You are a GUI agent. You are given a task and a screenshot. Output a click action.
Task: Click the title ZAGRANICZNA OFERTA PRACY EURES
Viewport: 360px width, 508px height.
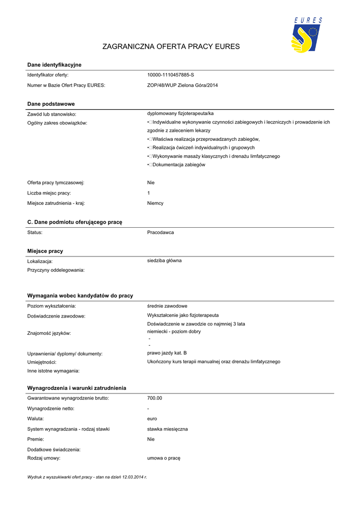click(171, 47)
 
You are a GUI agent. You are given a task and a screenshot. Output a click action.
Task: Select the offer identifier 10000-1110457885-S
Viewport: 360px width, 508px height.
click(170, 75)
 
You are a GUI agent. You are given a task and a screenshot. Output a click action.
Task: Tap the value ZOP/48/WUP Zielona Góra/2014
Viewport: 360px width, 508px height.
click(182, 85)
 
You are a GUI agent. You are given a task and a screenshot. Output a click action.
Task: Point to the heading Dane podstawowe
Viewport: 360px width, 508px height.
click(51, 104)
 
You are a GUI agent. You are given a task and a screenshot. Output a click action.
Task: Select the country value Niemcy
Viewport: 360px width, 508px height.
click(155, 203)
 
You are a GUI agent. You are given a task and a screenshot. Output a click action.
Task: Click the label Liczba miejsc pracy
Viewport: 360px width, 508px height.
click(49, 193)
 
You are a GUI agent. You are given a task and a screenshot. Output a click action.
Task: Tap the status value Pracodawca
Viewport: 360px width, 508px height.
click(160, 232)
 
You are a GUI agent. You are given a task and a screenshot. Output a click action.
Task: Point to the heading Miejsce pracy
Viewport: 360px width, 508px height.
click(45, 252)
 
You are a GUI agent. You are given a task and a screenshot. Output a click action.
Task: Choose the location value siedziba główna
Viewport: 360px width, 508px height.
click(164, 260)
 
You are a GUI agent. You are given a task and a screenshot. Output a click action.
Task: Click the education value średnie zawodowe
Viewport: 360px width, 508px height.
click(167, 306)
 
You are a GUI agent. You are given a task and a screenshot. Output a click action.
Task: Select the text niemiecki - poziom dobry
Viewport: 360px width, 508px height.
click(174, 331)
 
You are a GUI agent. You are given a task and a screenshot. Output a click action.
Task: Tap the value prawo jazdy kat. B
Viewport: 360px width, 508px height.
click(167, 353)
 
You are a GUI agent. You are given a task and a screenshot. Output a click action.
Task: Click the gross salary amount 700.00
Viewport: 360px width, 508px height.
click(155, 398)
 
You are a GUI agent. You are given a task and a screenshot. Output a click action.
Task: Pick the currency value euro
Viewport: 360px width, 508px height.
click(152, 419)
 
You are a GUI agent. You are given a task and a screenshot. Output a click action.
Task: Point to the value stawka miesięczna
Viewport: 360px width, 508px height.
click(167, 429)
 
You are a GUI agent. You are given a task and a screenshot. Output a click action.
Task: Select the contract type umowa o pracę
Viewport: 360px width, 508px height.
click(164, 458)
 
